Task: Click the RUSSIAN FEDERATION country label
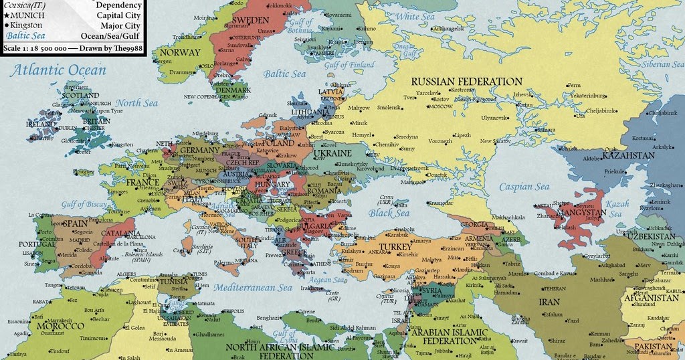pos(466,82)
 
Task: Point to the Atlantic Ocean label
pos(60,70)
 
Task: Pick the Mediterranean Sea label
pos(254,288)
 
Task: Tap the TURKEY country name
pos(395,247)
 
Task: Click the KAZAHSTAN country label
pos(627,155)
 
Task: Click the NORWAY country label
pos(180,52)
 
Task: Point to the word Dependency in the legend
pos(118,5)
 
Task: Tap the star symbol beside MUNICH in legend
pos(6,14)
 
